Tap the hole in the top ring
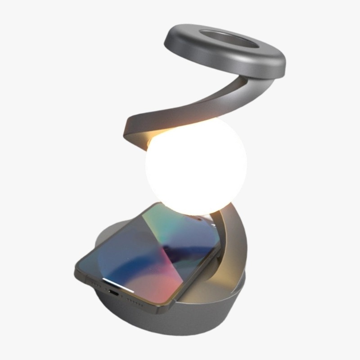point(229,39)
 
